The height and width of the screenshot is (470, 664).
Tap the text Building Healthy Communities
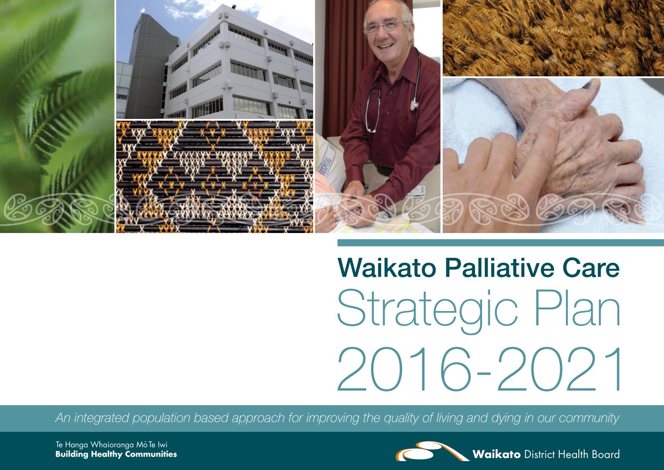coord(116,454)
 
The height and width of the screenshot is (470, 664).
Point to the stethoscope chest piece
coord(414,105)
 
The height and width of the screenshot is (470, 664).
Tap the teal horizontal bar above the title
coord(500,243)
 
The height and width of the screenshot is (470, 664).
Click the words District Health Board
coord(572,454)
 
